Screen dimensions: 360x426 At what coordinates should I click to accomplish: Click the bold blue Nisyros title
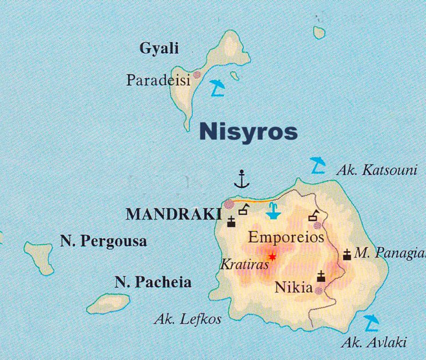coord(247,133)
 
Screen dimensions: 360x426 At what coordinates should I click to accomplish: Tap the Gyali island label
coord(159,49)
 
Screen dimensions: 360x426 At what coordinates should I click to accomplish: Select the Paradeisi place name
coord(158,80)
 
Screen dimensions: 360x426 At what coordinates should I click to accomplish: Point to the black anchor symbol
coord(241,179)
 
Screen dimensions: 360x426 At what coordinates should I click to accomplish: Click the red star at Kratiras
coord(272,257)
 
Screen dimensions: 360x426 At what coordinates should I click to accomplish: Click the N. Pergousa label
coord(103,241)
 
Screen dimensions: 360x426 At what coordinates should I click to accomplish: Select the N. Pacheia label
coord(153,282)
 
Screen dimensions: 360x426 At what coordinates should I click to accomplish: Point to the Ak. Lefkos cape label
coord(187,319)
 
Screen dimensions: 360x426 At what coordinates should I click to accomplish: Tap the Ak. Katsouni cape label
coord(376,170)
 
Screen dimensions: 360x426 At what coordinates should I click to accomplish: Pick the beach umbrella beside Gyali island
coord(217,88)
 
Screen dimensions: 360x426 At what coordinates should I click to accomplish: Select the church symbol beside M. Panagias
coord(347,255)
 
